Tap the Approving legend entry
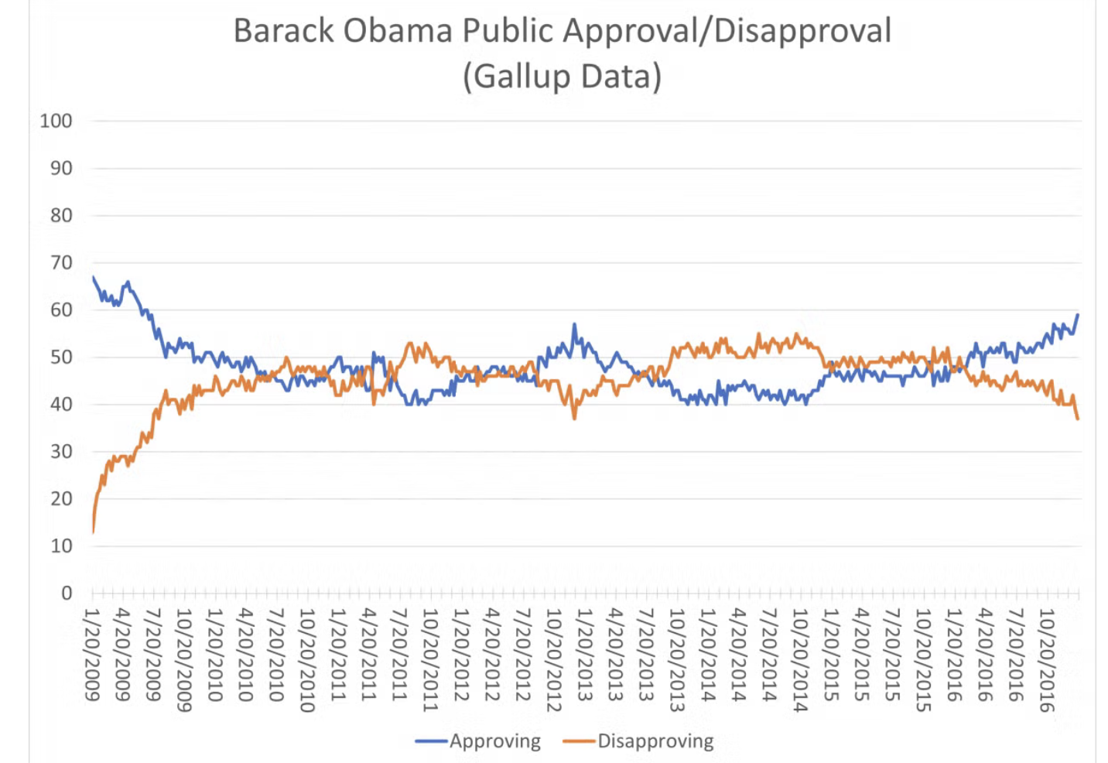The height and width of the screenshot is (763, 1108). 494,741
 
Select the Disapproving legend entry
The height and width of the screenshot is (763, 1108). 655,741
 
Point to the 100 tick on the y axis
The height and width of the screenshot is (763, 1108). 56,121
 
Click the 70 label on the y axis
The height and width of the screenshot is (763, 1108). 60,262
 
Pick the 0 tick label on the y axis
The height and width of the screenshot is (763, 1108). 67,593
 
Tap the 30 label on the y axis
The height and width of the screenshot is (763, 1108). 60,451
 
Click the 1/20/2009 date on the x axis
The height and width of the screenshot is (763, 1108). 93,655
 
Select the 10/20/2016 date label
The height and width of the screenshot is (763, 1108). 1046,660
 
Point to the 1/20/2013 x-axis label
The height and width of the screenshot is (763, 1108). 584,655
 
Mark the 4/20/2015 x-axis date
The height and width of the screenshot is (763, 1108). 861,655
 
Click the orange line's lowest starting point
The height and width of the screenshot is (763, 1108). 93,532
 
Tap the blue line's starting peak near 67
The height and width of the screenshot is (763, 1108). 93,276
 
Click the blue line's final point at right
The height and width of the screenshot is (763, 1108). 1078,314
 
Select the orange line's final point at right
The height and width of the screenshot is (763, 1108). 1078,419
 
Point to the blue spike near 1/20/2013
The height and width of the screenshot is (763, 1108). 574,324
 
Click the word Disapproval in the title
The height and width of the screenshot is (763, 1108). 802,31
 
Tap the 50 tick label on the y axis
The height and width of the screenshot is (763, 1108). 60,357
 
